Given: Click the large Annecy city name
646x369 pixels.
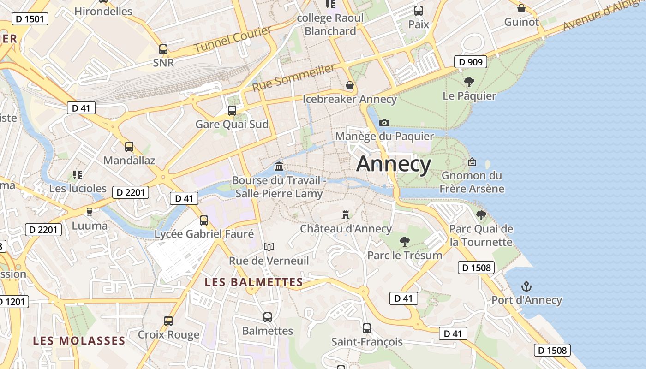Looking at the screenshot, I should pyautogui.click(x=394, y=164).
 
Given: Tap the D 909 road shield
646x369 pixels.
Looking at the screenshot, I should pyautogui.click(x=471, y=62).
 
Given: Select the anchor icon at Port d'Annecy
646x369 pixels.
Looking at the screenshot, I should pyautogui.click(x=526, y=286).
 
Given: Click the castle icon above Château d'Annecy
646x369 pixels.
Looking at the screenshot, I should pyautogui.click(x=345, y=214).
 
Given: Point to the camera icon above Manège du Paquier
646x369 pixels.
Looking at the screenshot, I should pyautogui.click(x=384, y=123).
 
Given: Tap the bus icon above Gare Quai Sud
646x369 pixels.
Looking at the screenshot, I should pyautogui.click(x=232, y=110).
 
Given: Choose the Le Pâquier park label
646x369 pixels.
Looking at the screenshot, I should pyautogui.click(x=469, y=96).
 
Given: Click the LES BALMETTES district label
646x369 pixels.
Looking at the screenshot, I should pyautogui.click(x=254, y=282).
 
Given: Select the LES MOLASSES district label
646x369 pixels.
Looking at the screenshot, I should pyautogui.click(x=79, y=341).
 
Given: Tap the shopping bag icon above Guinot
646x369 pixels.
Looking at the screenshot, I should pyautogui.click(x=521, y=8).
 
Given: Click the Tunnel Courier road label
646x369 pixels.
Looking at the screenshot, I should pyautogui.click(x=233, y=39).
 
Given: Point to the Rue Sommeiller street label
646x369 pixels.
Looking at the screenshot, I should pyautogui.click(x=294, y=77).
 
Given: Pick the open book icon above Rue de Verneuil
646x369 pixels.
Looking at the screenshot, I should pyautogui.click(x=269, y=247).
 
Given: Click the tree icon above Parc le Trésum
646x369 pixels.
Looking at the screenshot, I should pyautogui.click(x=405, y=241).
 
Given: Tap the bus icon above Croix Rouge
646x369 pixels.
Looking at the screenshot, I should pyautogui.click(x=168, y=321).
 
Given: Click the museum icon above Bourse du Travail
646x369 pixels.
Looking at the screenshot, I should pyautogui.click(x=279, y=166).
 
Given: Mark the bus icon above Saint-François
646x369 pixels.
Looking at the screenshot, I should pyautogui.click(x=367, y=328).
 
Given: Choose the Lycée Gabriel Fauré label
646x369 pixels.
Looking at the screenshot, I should pyautogui.click(x=204, y=234).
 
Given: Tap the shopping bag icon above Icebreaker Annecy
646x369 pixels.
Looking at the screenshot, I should pyautogui.click(x=350, y=85).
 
